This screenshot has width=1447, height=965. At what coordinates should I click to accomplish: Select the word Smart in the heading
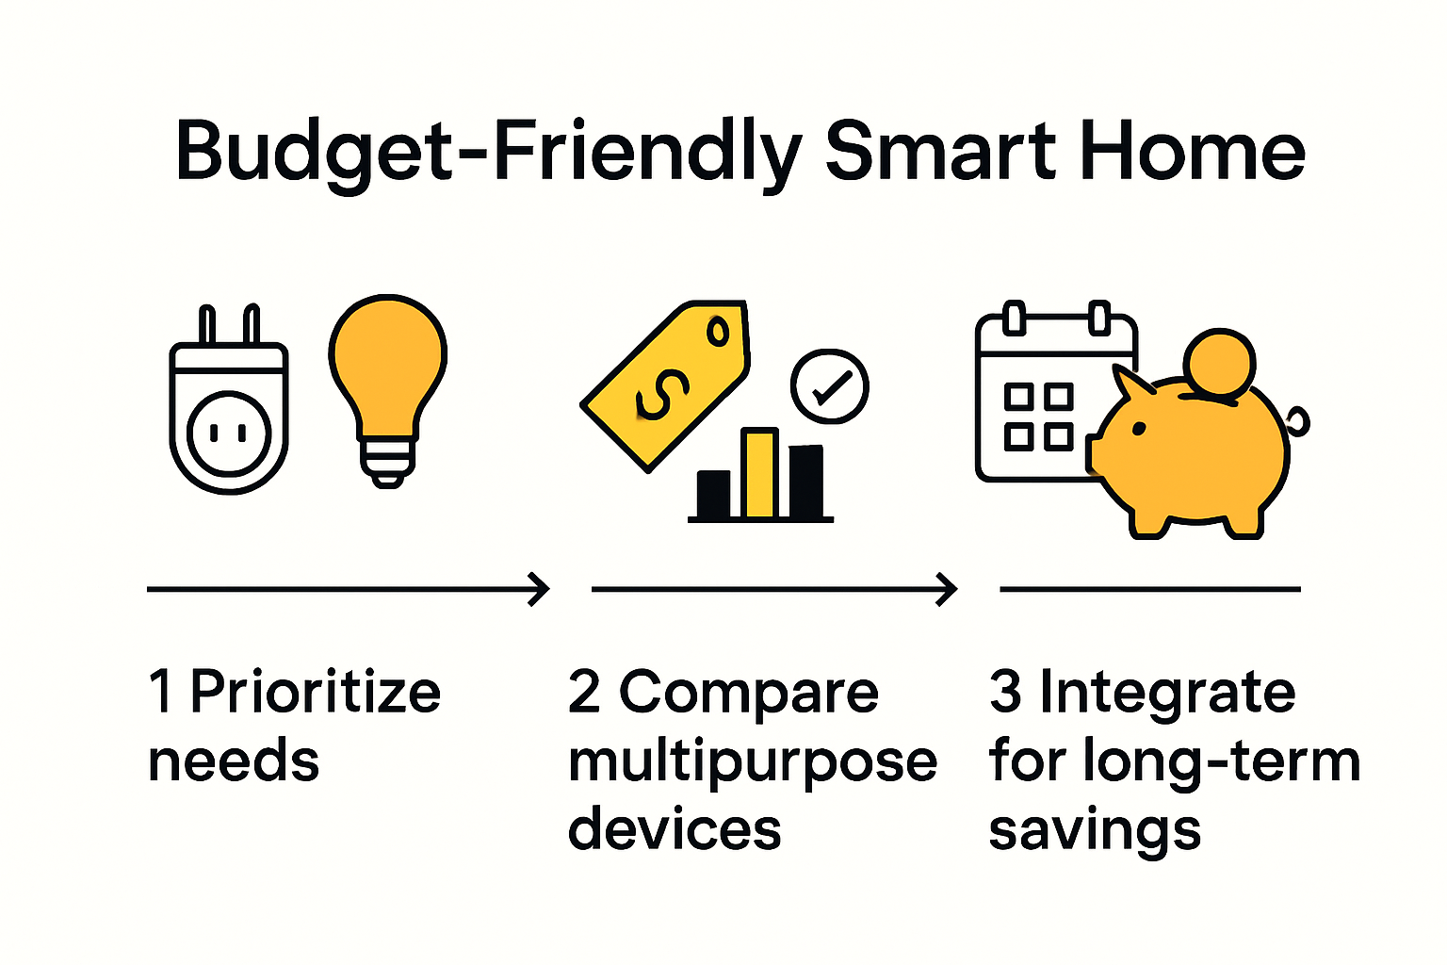pyautogui.click(x=941, y=151)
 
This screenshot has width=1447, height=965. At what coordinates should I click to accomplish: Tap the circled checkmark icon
pyautogui.click(x=830, y=386)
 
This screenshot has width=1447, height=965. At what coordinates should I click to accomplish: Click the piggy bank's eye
pyautogui.click(x=1139, y=429)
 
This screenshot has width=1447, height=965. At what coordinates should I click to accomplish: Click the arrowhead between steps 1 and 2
pyautogui.click(x=540, y=589)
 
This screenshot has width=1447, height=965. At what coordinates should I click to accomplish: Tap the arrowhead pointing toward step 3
pyautogui.click(x=947, y=589)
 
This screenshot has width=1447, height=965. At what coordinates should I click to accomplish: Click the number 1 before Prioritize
pyautogui.click(x=161, y=693)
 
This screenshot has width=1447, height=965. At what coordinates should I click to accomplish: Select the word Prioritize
pyautogui.click(x=316, y=693)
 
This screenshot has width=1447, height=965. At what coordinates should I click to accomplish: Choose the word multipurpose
pyautogui.click(x=753, y=762)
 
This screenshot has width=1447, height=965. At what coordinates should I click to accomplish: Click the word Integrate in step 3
pyautogui.click(x=1167, y=693)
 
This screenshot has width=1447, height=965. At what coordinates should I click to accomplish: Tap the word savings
pyautogui.click(x=1095, y=830)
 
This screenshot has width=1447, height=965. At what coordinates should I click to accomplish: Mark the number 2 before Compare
pyautogui.click(x=584, y=693)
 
